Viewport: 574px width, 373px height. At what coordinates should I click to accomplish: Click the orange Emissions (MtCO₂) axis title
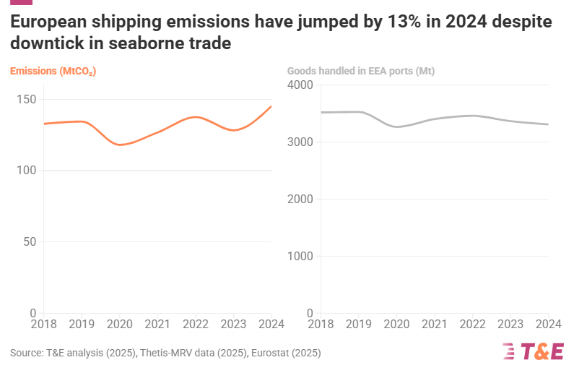[53, 71]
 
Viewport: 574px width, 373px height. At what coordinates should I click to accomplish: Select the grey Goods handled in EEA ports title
[360, 71]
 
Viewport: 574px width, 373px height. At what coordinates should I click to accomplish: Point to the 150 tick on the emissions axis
[25, 99]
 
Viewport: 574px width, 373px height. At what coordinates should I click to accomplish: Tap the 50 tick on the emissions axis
[29, 241]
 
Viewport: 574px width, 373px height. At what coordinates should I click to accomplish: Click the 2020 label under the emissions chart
[120, 325]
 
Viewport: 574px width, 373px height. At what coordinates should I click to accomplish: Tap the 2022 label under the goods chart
[472, 325]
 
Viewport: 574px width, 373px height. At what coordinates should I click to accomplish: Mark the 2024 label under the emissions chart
[271, 325]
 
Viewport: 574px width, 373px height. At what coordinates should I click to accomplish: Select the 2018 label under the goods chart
[321, 325]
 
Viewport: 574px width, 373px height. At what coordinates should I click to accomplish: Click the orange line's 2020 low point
[121, 145]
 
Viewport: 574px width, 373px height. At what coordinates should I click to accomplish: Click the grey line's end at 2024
[548, 124]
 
